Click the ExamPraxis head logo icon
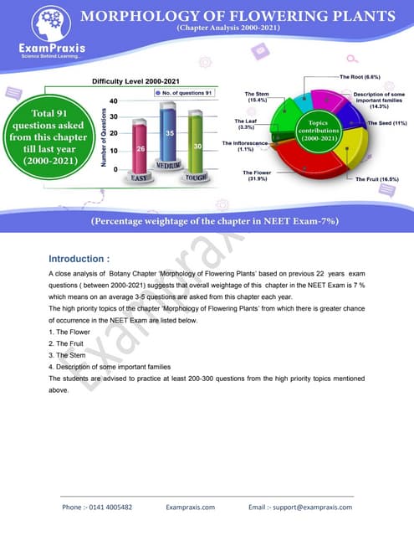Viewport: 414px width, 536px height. (x=40, y=23)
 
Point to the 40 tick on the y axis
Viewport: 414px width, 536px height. (x=113, y=100)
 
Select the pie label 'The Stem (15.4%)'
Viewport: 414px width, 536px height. (x=255, y=97)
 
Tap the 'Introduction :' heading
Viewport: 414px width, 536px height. (x=79, y=259)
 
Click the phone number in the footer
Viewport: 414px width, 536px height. (x=97, y=507)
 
